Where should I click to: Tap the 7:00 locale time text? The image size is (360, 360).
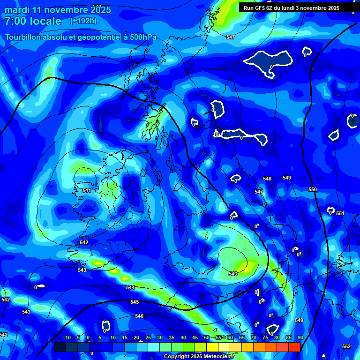32,21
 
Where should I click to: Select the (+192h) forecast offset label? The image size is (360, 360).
83,21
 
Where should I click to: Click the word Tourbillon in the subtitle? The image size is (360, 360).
25,37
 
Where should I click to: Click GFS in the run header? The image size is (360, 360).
261,8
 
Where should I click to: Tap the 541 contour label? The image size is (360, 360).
86,191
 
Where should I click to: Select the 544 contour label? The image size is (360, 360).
130,287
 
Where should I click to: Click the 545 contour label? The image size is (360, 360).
135,302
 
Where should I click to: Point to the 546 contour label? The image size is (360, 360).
139,316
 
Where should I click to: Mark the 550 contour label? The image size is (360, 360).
313,190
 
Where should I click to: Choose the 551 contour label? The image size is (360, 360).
340,214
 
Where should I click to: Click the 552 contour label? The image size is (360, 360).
346,346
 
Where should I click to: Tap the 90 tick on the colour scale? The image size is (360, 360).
300,338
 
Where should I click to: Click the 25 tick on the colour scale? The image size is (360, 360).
148,338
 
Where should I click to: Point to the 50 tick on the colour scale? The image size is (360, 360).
206,338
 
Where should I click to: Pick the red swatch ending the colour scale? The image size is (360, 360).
294,347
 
